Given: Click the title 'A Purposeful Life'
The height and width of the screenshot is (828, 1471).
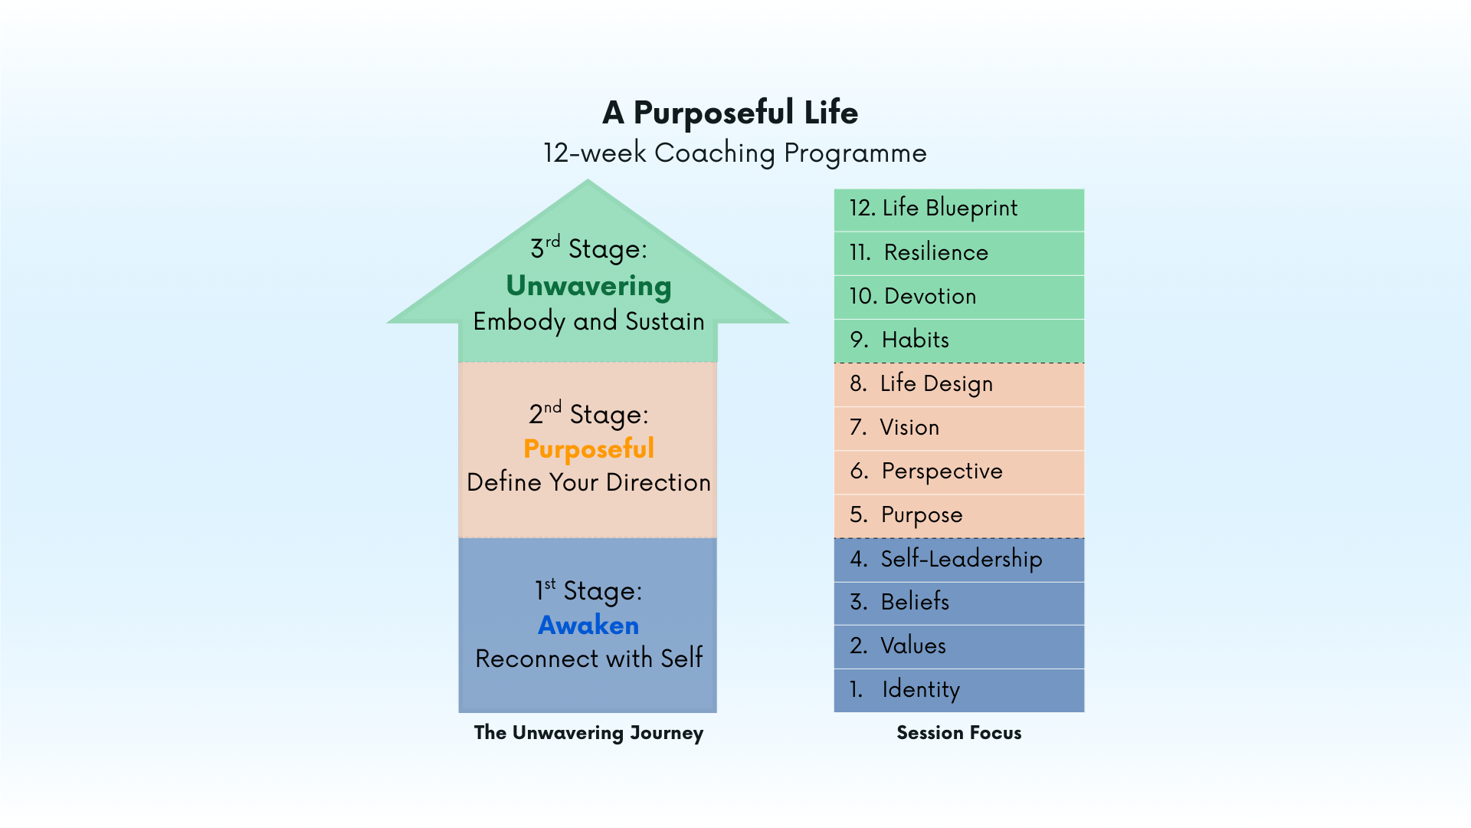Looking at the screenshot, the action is click(x=730, y=113).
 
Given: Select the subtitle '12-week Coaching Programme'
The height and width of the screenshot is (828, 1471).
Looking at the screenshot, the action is click(x=735, y=153).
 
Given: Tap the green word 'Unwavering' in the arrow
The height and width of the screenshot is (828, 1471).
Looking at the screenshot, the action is click(x=588, y=286).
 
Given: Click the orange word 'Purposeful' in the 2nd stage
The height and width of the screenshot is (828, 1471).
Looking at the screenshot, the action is click(x=588, y=449).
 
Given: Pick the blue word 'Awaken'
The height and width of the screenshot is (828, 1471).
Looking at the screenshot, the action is click(x=588, y=625).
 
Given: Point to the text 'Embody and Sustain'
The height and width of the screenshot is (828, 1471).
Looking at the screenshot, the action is click(x=588, y=321).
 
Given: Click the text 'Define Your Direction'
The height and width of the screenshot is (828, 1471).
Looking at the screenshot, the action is click(x=588, y=482).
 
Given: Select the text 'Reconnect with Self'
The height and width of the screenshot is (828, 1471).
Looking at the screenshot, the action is click(x=588, y=659).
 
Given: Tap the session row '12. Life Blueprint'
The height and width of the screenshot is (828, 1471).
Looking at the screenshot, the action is click(x=958, y=209).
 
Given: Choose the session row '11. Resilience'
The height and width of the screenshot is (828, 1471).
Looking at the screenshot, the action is click(x=958, y=252).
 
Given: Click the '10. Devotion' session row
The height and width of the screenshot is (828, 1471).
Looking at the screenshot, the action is click(x=958, y=296).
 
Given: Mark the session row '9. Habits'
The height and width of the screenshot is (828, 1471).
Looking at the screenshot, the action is click(x=958, y=340).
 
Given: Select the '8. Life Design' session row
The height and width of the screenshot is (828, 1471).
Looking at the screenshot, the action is click(x=958, y=383).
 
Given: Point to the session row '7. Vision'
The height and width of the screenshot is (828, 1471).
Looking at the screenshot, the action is click(x=958, y=427).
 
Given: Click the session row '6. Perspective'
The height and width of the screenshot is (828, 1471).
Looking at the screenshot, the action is click(x=958, y=471).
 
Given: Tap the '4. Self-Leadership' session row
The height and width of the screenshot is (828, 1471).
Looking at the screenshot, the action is click(x=958, y=559).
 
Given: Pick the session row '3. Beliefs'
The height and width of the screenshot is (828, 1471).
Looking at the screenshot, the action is click(x=958, y=602).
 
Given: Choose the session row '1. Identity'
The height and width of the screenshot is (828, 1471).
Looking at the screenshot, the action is click(x=958, y=689).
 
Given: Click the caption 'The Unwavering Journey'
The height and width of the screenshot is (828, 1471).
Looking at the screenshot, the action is click(x=588, y=733).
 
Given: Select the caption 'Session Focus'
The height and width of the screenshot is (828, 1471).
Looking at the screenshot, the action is click(x=958, y=733).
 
